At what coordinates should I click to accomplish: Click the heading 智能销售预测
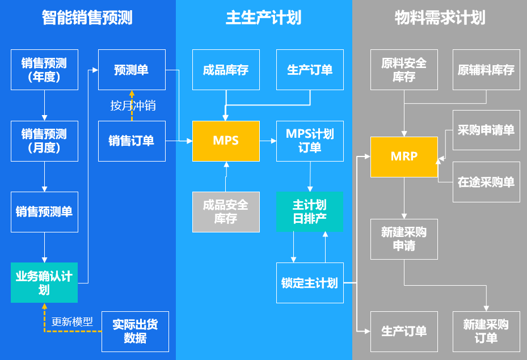pyautogui.click(x=87, y=18)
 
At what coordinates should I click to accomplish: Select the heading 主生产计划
pyautogui.click(x=263, y=18)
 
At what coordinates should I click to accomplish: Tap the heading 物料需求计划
pyautogui.click(x=440, y=18)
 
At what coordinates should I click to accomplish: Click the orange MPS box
pyautogui.click(x=226, y=141)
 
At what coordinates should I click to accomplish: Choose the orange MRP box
pyautogui.click(x=404, y=156)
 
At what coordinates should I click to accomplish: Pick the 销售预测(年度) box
pyautogui.click(x=44, y=70)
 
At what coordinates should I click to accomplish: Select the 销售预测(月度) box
pyautogui.click(x=44, y=141)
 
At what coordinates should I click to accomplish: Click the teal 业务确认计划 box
pyautogui.click(x=44, y=282)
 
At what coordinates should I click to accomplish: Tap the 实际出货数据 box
pyautogui.click(x=135, y=331)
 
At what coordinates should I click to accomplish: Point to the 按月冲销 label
pyautogui.click(x=133, y=105)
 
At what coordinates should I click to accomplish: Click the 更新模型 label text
pyautogui.click(x=72, y=321)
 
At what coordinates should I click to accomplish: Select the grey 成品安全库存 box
pyautogui.click(x=226, y=211)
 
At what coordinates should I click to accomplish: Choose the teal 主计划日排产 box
pyautogui.click(x=310, y=211)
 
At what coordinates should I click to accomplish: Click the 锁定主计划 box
pyautogui.click(x=310, y=282)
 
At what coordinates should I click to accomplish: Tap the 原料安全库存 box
pyautogui.click(x=404, y=70)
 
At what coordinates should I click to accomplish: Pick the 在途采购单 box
pyautogui.click(x=486, y=183)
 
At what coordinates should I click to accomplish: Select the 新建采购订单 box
pyautogui.click(x=486, y=331)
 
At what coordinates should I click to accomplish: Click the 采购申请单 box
pyautogui.click(x=486, y=130)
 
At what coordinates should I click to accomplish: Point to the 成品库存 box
pyautogui.click(x=226, y=70)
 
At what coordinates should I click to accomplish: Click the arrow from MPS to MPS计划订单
pyautogui.click(x=268, y=141)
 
